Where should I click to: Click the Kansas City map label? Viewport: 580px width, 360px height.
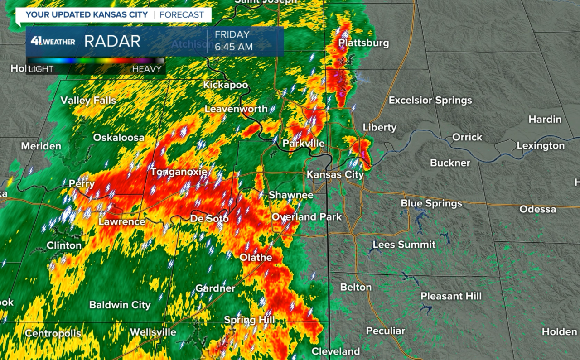335,174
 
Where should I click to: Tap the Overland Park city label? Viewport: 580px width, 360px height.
306,217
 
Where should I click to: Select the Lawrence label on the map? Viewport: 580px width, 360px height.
122,221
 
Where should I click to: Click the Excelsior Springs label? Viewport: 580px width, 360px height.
430,100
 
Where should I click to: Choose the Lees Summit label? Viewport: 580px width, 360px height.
404,245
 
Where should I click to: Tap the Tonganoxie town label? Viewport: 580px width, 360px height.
179,172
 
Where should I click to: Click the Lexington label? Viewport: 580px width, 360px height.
541,146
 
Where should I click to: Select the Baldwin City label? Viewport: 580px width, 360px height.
120,305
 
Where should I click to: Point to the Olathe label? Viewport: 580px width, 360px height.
256,258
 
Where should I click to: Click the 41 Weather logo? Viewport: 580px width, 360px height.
53,42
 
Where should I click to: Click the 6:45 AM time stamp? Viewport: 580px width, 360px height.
234,47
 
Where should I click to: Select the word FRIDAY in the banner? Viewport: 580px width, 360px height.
232,34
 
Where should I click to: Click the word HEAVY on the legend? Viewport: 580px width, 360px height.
147,69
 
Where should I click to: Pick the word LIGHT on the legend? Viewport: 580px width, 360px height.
41,69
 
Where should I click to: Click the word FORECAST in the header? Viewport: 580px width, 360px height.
181,14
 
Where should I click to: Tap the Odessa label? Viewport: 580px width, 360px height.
537,209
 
